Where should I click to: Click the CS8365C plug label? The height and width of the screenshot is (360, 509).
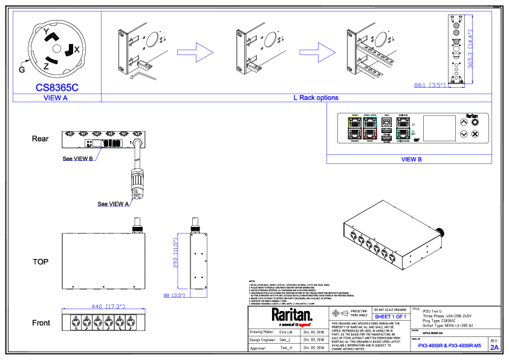tap(57, 87)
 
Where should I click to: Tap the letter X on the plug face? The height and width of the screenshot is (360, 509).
tap(77, 48)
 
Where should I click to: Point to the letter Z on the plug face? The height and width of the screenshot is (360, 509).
tap(47, 65)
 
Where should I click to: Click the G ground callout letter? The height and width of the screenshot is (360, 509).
tap(22, 70)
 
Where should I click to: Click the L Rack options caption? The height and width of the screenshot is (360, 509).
tap(316, 98)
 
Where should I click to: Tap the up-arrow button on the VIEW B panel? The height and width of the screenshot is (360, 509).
tap(464, 121)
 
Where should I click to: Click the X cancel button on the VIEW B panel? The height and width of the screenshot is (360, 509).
tap(475, 133)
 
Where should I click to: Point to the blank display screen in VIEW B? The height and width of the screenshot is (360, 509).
tap(438, 128)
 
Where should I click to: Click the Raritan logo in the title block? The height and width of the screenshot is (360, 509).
tap(291, 315)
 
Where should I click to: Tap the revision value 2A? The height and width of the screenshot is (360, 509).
tap(494, 348)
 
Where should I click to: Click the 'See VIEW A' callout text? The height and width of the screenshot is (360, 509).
tap(113, 204)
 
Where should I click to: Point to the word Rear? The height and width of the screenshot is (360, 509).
tap(41, 139)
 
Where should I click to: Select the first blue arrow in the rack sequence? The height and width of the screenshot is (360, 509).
tap(196, 50)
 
